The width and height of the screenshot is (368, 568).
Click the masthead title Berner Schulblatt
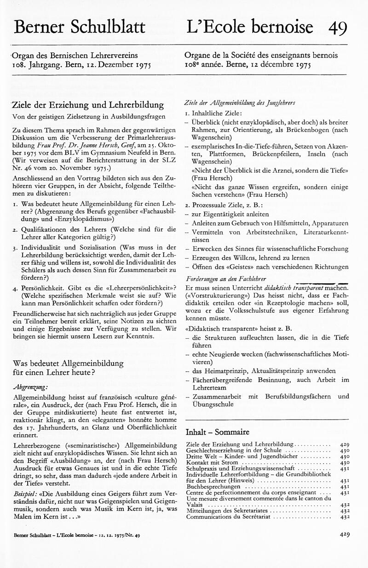[x=80, y=27]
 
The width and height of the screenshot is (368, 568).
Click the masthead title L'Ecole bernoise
[x=250, y=27]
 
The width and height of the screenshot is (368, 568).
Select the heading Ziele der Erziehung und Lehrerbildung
[x=89, y=105]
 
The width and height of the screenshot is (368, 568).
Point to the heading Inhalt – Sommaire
[x=217, y=432]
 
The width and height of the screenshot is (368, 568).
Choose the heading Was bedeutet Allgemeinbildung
[x=68, y=363]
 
